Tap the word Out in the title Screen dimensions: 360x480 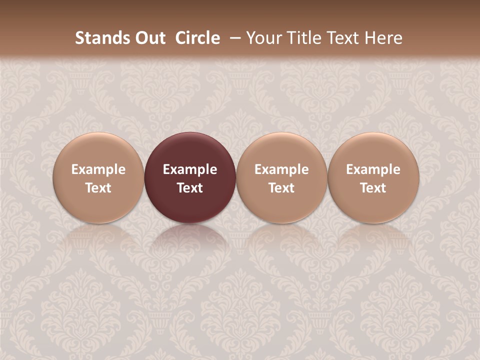pyautogui.click(x=148, y=38)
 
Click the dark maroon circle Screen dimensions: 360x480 pyautogui.click(x=190, y=150)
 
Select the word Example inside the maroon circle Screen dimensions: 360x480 pyautogui.click(x=190, y=169)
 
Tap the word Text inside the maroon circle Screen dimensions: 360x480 pyautogui.click(x=190, y=188)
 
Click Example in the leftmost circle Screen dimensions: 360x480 pyautogui.click(x=98, y=169)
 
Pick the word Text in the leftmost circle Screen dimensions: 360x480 pyautogui.click(x=98, y=188)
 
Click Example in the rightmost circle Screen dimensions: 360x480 pyautogui.click(x=373, y=169)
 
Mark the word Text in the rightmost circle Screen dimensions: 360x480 pyautogui.click(x=373, y=188)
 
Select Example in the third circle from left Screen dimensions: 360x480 pyautogui.click(x=281, y=169)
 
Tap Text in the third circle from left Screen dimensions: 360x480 pyautogui.click(x=281, y=188)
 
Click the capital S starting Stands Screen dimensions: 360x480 pyautogui.click(x=79, y=38)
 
